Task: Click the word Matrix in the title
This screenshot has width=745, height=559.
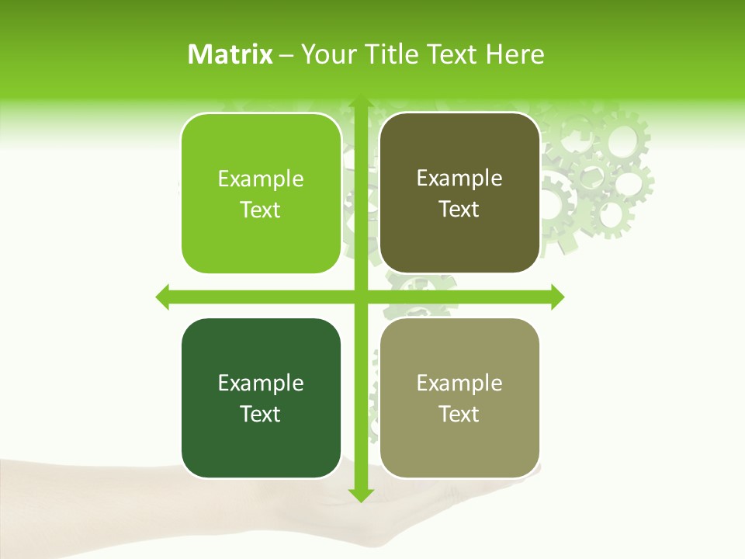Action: tap(230, 54)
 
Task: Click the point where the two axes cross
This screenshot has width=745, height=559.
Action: tap(360, 297)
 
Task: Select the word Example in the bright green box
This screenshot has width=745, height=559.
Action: tap(261, 179)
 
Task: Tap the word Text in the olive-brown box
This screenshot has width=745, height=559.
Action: tap(459, 210)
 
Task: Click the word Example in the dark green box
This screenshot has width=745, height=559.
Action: tap(261, 384)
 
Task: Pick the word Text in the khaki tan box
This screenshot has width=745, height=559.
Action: tap(459, 414)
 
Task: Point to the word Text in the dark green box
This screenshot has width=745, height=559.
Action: tap(261, 414)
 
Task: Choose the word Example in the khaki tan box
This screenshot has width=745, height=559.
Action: tap(459, 384)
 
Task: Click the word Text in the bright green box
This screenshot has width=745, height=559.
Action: tap(261, 210)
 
